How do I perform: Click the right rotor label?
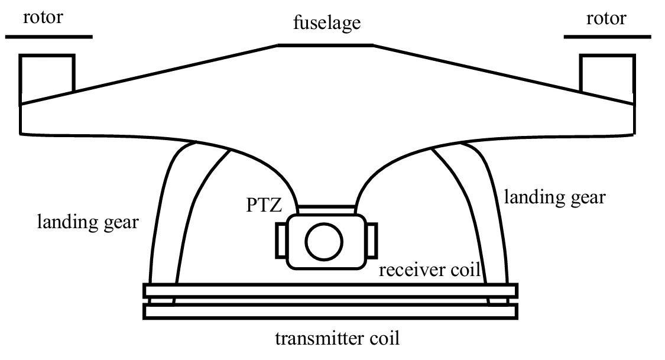click(x=605, y=18)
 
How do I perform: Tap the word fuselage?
click(x=327, y=25)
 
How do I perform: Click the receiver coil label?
click(x=429, y=270)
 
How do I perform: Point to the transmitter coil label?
click(x=338, y=339)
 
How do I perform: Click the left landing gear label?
click(x=89, y=222)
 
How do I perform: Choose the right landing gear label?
click(x=554, y=196)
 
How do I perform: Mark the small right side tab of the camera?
click(x=371, y=241)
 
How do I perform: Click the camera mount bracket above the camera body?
click(x=327, y=210)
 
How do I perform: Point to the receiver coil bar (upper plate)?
click(x=330, y=291)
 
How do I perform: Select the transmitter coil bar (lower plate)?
click(x=330, y=311)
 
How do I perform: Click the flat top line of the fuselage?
click(x=325, y=45)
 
